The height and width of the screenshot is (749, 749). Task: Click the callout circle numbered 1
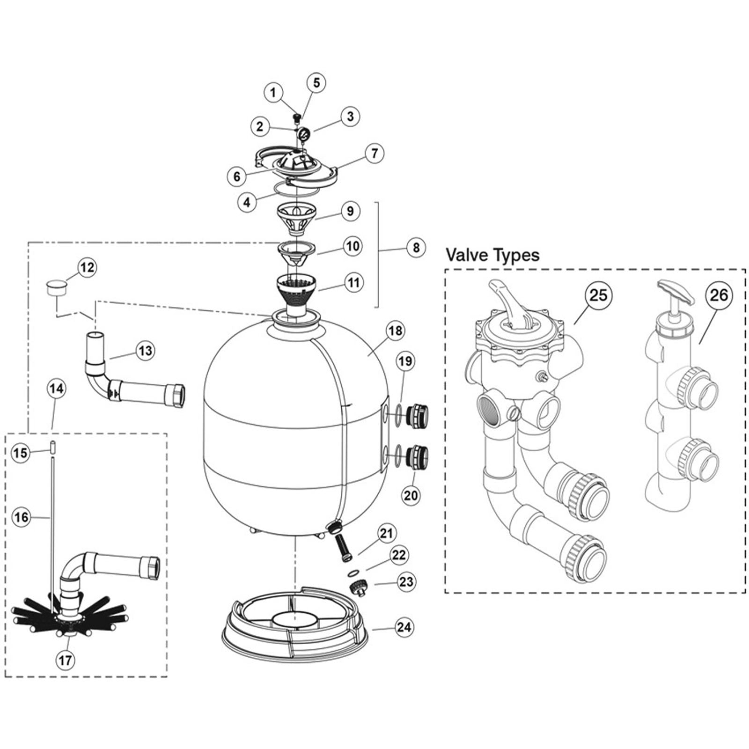click(x=273, y=92)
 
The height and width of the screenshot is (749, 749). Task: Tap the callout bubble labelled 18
click(x=395, y=331)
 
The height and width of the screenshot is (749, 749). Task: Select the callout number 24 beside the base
click(x=404, y=626)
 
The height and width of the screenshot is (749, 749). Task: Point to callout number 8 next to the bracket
click(x=416, y=247)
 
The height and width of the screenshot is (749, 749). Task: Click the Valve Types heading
click(x=492, y=255)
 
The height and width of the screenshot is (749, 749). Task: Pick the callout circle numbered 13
click(x=146, y=350)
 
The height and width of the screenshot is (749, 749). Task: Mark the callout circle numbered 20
click(x=411, y=494)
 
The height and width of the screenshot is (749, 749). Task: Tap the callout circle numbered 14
click(x=56, y=388)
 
